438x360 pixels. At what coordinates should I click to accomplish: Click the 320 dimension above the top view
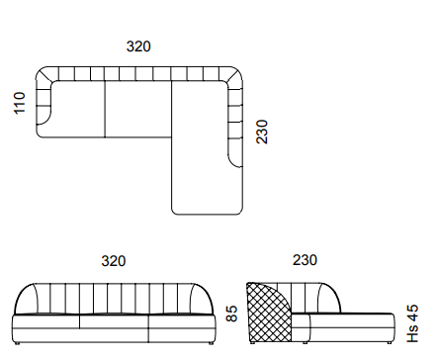(138, 46)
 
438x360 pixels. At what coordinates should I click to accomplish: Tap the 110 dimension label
(20, 103)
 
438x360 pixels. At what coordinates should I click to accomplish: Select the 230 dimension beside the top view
(262, 132)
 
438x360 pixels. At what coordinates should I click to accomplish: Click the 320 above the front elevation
(114, 261)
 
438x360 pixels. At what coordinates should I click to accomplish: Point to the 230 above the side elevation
(305, 260)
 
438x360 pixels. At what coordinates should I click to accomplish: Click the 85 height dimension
(231, 314)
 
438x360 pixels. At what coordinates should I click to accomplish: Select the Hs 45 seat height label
(412, 323)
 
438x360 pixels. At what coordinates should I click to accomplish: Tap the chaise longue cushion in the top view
(201, 148)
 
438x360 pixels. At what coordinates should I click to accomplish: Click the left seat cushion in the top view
(77, 109)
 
